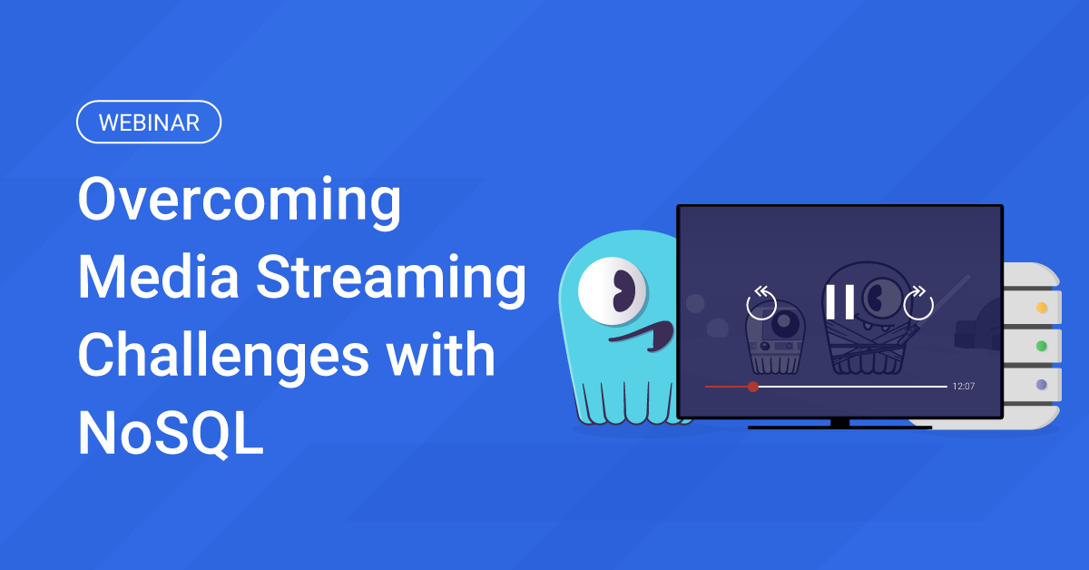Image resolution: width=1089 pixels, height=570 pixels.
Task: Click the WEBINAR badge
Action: (149, 123)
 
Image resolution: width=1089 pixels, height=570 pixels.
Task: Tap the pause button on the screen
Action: (839, 302)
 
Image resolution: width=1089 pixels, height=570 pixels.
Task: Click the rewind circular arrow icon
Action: (762, 302)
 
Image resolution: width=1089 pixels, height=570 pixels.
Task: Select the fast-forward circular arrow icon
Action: (918, 302)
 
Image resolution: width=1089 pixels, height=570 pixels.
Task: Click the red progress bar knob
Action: (752, 387)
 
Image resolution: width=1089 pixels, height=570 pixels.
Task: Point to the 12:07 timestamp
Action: (964, 387)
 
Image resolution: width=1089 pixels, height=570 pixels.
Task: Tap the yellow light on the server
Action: (1042, 308)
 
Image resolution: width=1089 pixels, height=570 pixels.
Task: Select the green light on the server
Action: (1042, 346)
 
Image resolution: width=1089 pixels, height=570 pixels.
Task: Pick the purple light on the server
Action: (1042, 384)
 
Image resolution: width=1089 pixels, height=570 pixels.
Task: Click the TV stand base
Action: (839, 425)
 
